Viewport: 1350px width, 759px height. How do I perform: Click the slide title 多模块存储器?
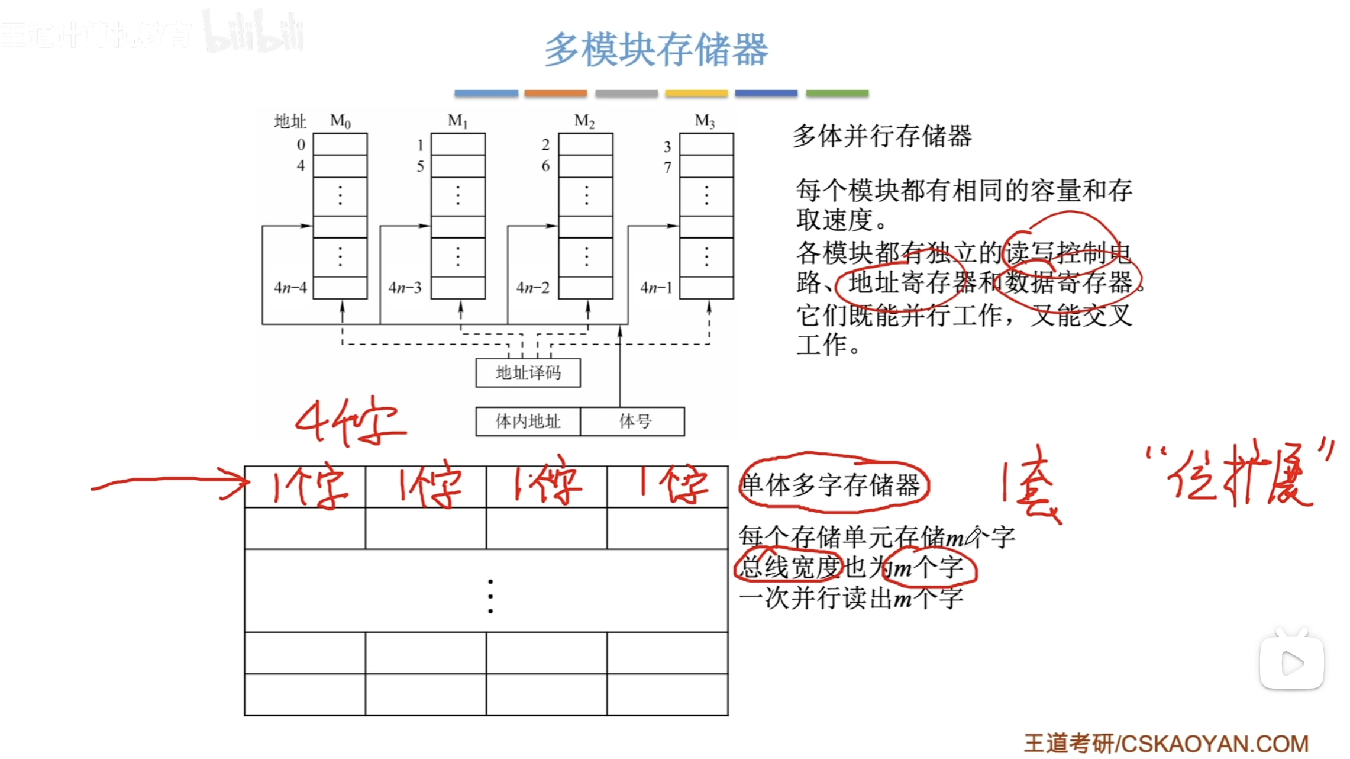click(x=656, y=50)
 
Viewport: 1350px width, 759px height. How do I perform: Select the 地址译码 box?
click(x=528, y=372)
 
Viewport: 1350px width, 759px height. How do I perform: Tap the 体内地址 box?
click(x=528, y=422)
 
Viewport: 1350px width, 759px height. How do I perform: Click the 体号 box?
click(x=634, y=422)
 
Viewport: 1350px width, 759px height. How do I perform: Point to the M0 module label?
click(x=340, y=121)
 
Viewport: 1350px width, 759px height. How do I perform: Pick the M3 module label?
click(x=705, y=121)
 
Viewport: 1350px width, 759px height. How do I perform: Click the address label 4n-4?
click(x=290, y=288)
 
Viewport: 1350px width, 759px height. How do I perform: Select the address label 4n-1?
click(x=656, y=288)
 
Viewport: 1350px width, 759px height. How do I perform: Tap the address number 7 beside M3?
click(x=667, y=168)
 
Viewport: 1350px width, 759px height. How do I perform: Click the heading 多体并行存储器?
click(x=882, y=136)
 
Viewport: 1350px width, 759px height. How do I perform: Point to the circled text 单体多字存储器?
click(x=831, y=485)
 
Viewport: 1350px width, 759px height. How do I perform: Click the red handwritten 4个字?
click(x=350, y=422)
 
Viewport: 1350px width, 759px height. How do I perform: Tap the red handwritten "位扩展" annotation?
click(x=1239, y=477)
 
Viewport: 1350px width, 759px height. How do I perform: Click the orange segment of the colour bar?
click(x=555, y=93)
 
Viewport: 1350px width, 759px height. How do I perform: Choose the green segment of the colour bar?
click(x=837, y=93)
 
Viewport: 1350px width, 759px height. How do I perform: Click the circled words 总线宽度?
click(x=789, y=567)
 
